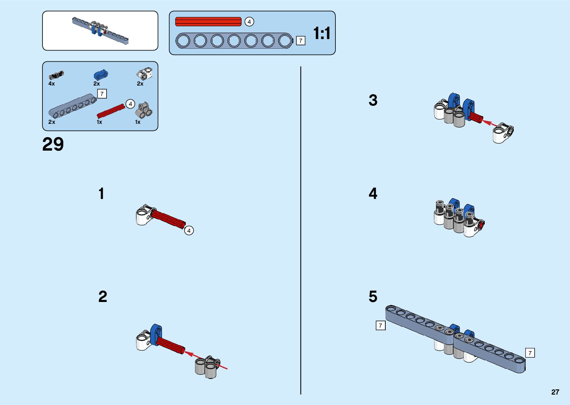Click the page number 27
pyautogui.click(x=555, y=392)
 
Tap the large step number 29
pyautogui.click(x=53, y=144)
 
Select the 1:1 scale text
pyautogui.click(x=322, y=33)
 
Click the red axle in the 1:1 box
pyautogui.click(x=208, y=22)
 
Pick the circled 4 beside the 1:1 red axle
pyautogui.click(x=249, y=22)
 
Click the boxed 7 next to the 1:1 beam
pyautogui.click(x=300, y=41)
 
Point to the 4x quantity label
pyautogui.click(x=51, y=84)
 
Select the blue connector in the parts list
pyautogui.click(x=101, y=74)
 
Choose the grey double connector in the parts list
pyautogui.click(x=144, y=110)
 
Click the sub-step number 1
pyautogui.click(x=101, y=194)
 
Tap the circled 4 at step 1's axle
pyautogui.click(x=189, y=231)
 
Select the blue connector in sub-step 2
pyautogui.click(x=156, y=334)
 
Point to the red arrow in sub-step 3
pyautogui.click(x=490, y=123)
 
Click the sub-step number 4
pyautogui.click(x=373, y=193)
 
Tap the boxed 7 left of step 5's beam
pyautogui.click(x=380, y=325)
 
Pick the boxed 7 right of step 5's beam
pyautogui.click(x=530, y=353)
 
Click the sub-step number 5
pyautogui.click(x=373, y=296)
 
